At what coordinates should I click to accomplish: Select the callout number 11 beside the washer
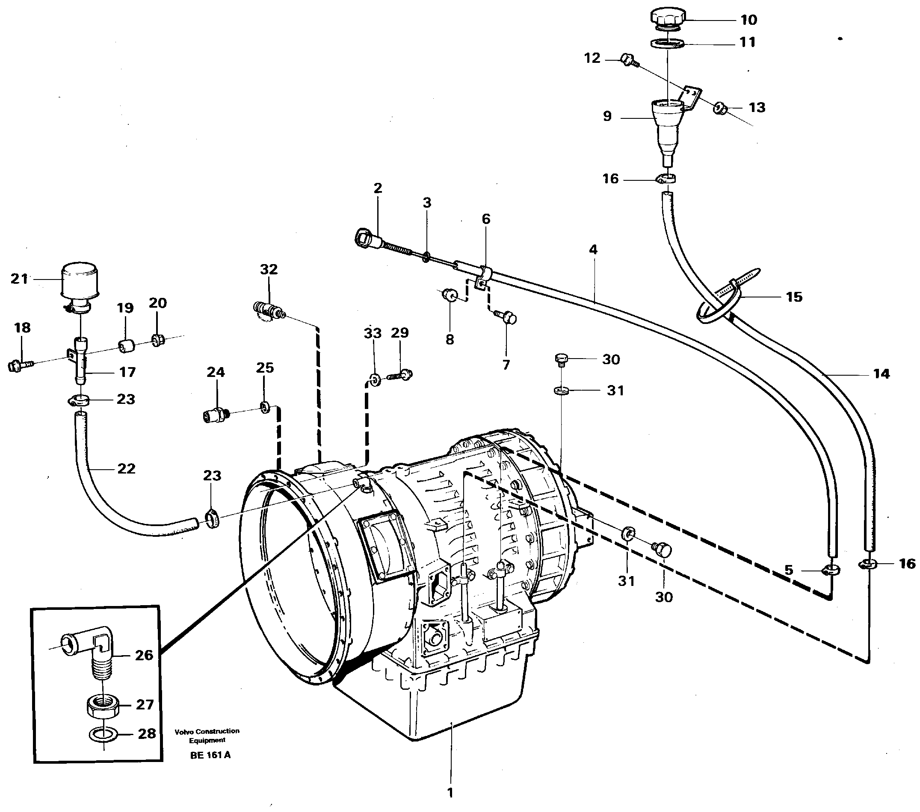click(x=748, y=42)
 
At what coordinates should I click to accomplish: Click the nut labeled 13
click(x=719, y=108)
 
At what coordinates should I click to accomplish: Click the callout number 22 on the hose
click(x=126, y=469)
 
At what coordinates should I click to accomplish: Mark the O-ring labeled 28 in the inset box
click(x=104, y=735)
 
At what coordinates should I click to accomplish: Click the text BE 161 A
click(x=210, y=755)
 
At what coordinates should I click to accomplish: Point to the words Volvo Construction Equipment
click(x=207, y=736)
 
